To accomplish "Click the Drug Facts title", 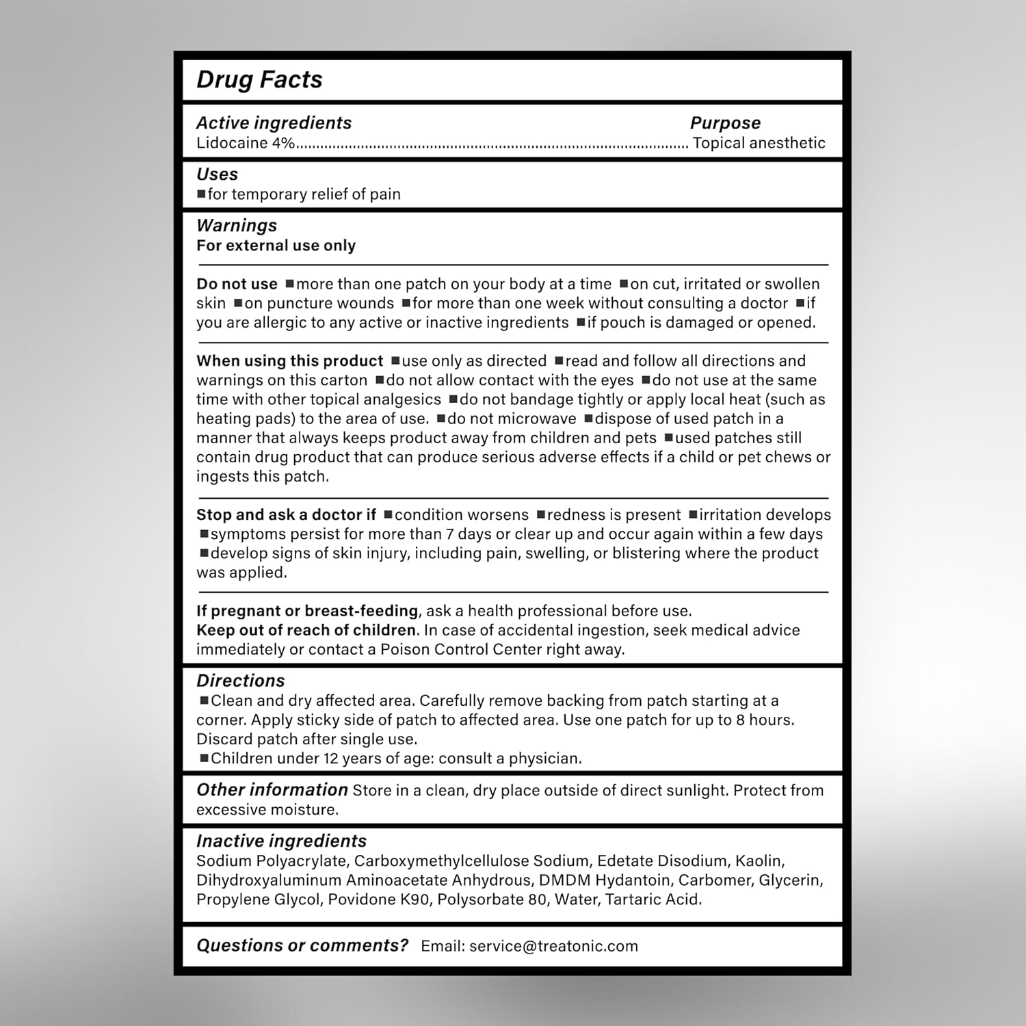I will click(x=259, y=80).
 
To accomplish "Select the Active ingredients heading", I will click(x=274, y=123).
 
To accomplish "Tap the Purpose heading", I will click(x=725, y=123).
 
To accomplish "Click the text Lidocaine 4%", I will click(x=246, y=143).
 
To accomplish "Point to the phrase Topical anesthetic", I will click(x=759, y=143).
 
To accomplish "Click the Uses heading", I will click(x=217, y=174).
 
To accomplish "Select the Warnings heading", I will click(x=237, y=226).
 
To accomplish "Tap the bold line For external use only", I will click(x=276, y=246).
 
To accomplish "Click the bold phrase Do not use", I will click(x=237, y=284).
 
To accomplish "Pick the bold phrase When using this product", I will click(x=289, y=361).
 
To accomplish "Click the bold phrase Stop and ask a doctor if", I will click(x=286, y=515).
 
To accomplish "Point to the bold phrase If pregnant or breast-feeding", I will click(x=307, y=611).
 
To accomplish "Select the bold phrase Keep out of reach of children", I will click(x=306, y=630).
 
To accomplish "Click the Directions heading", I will click(x=241, y=681).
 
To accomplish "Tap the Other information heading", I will click(x=272, y=790).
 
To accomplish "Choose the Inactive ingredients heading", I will click(x=281, y=841).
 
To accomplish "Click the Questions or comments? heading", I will click(x=302, y=945).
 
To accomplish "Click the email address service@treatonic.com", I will click(x=553, y=946).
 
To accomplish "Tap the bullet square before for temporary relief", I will click(x=201, y=194).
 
